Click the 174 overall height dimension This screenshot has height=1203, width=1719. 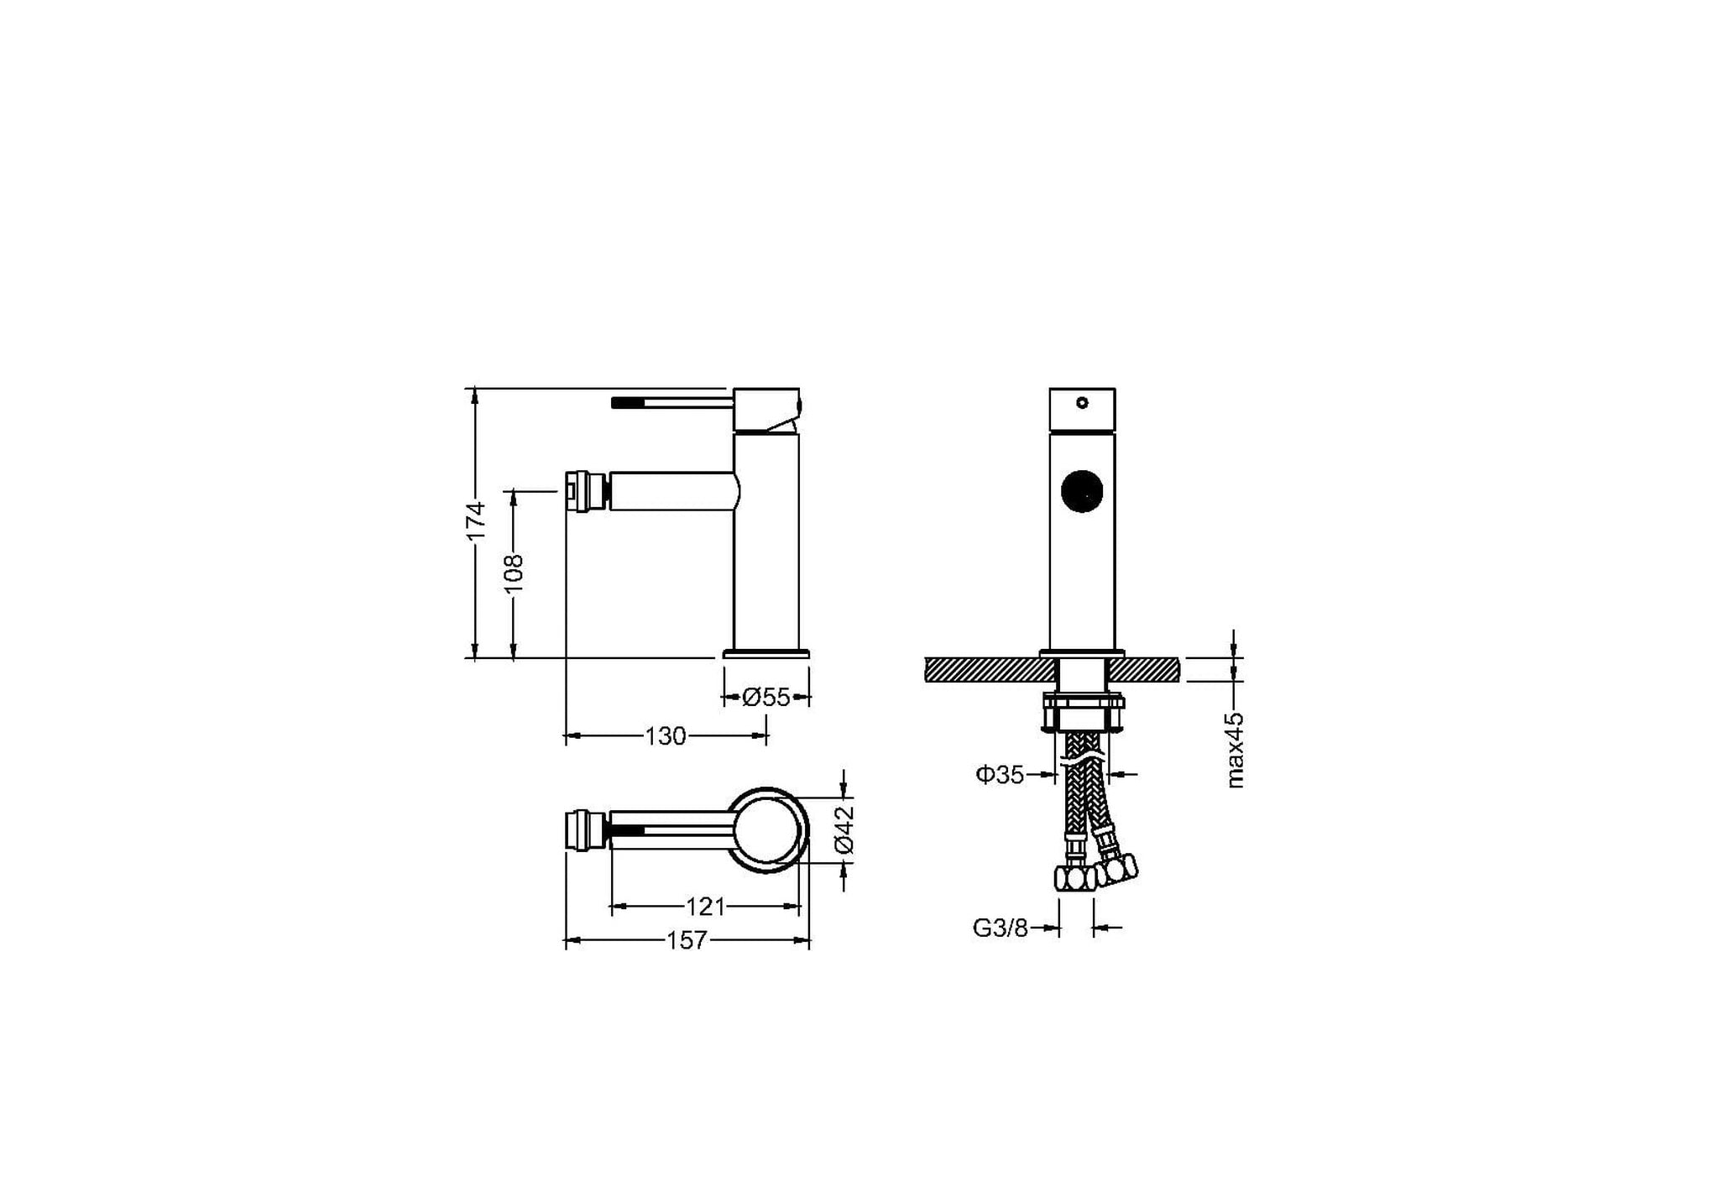point(477,521)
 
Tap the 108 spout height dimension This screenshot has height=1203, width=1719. point(515,573)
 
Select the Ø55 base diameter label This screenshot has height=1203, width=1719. point(766,697)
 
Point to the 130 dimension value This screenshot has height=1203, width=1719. point(666,736)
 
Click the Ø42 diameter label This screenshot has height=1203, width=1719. point(844,829)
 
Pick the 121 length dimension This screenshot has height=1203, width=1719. point(705,907)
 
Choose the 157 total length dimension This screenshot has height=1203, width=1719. point(687,941)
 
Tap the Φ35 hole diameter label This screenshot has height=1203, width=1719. point(1000,775)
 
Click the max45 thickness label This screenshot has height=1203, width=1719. point(1235,750)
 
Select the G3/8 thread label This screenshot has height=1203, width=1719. point(1001,928)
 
